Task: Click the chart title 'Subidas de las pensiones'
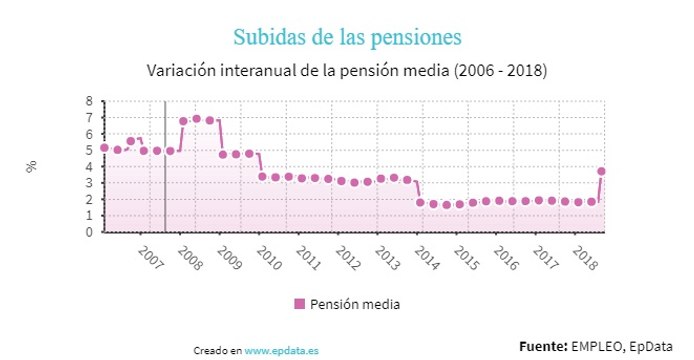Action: tap(346, 37)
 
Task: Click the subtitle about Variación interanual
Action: tap(346, 71)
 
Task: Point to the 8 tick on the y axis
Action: tap(90, 101)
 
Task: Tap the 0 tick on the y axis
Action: tap(90, 232)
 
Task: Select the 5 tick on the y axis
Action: tap(90, 150)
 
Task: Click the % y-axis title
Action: tap(31, 166)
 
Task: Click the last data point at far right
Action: tap(601, 171)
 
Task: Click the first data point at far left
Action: tap(104, 148)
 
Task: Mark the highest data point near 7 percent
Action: tap(196, 119)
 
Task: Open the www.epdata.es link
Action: tap(282, 351)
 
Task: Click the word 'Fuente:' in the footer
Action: tap(543, 345)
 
